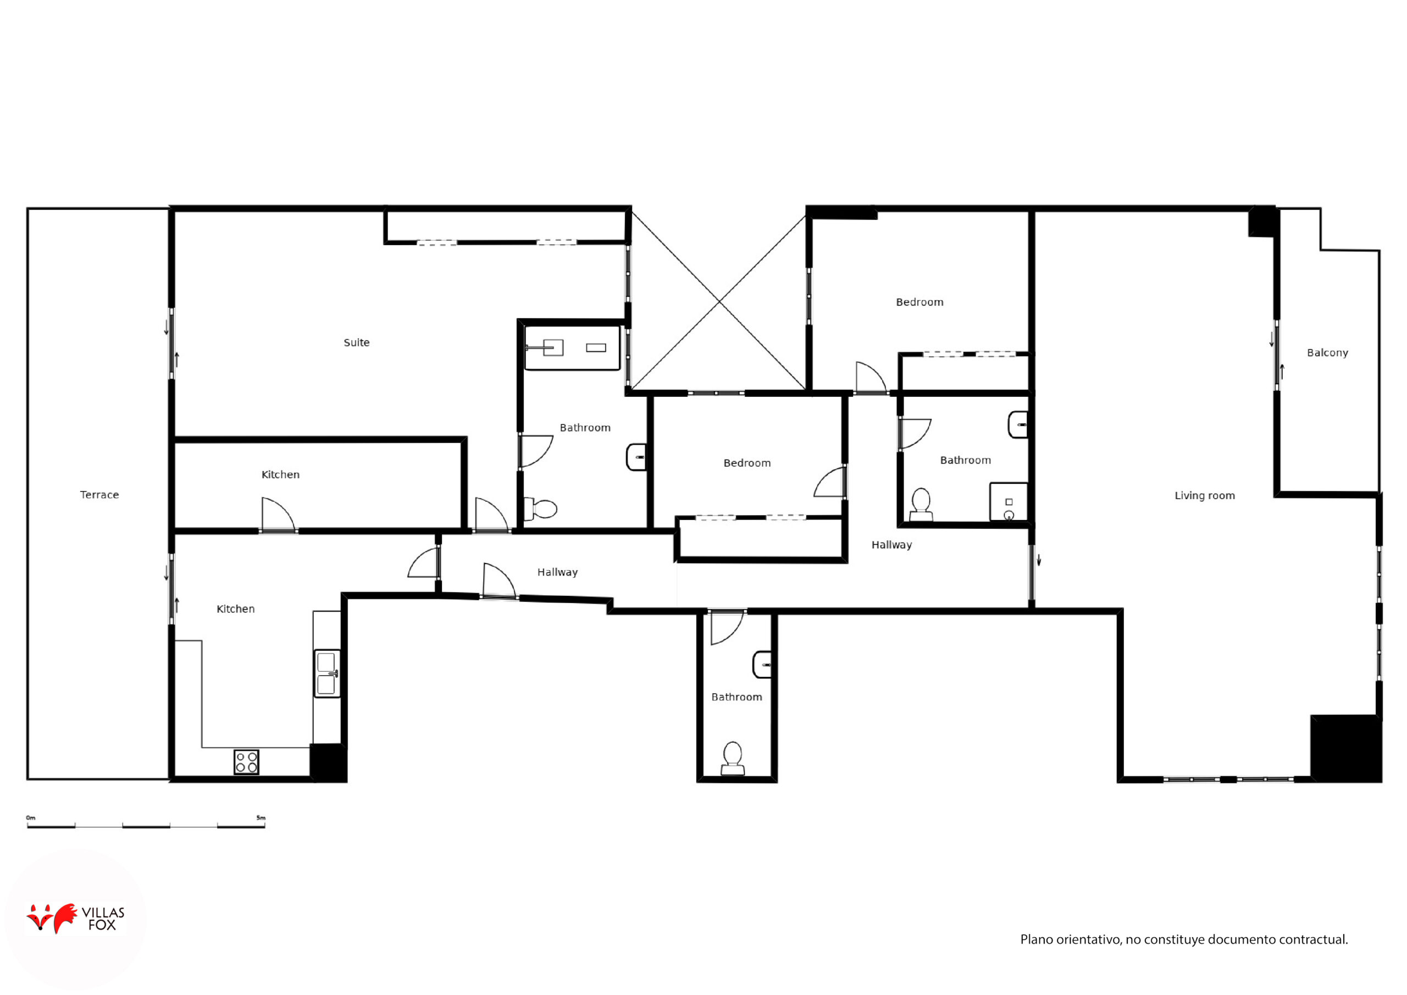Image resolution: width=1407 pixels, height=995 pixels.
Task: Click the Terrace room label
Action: [x=99, y=495]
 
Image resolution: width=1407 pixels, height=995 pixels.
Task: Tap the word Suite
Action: [x=357, y=342]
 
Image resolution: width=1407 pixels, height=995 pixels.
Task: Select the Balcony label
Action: [x=1327, y=352]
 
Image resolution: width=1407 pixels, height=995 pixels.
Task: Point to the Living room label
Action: [x=1205, y=495]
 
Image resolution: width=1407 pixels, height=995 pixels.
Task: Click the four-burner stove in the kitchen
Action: [x=246, y=762]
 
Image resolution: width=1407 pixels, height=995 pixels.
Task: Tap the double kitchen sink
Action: [x=326, y=673]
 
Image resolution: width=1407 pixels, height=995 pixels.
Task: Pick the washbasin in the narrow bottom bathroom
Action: [x=762, y=665]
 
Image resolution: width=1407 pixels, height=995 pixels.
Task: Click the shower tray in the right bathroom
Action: [x=1008, y=501]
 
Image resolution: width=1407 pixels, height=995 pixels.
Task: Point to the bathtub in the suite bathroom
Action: [x=572, y=348]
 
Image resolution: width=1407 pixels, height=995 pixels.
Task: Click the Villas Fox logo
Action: [x=75, y=917]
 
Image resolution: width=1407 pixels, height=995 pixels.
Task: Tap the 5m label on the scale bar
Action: [x=261, y=818]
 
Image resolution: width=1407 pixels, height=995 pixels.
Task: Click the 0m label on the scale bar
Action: [x=31, y=818]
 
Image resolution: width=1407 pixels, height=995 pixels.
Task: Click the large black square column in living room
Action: [x=1346, y=748]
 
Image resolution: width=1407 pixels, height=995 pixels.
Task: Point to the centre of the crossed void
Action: [x=719, y=302]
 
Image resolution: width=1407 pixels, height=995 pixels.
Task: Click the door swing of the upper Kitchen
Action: [x=278, y=514]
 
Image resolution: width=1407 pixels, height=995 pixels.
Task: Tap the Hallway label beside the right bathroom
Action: [x=891, y=545]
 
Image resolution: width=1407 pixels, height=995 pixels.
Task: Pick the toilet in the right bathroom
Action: [x=921, y=504]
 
